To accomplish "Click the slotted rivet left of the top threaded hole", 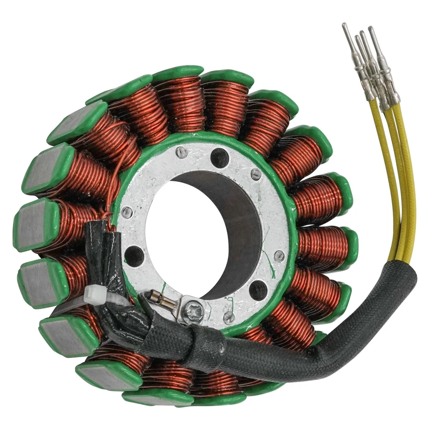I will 181,152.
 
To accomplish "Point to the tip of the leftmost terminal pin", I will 344,25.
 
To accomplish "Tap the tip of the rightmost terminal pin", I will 370,28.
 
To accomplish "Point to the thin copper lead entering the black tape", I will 108,197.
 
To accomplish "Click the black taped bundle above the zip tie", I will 107,251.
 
